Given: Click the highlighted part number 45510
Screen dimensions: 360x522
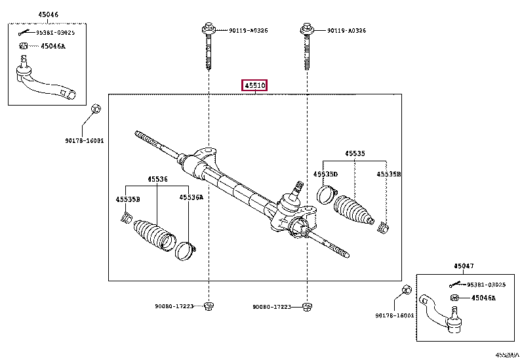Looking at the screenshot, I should click(x=254, y=86).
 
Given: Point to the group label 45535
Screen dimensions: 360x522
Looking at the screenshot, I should click(x=355, y=154).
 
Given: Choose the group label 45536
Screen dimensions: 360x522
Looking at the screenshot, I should click(x=157, y=178).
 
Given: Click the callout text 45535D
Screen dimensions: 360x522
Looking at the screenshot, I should click(x=325, y=174).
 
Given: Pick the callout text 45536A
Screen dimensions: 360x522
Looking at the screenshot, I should click(x=191, y=197).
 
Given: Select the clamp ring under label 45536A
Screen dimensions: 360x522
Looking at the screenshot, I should click(x=184, y=250).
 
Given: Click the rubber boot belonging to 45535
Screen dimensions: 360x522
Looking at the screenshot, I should click(x=354, y=210).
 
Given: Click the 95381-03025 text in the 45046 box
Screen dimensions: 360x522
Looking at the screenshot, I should click(x=55, y=32).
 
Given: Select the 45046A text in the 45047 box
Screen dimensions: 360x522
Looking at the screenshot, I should click(x=483, y=298).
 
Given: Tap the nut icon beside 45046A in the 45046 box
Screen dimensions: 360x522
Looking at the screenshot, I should click(x=23, y=46).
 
